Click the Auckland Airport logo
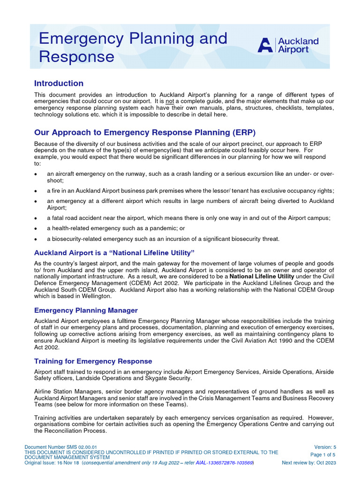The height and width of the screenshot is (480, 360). (x=288, y=45)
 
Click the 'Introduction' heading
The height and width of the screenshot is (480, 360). (x=59, y=83)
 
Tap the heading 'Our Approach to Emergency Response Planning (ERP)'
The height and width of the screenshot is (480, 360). (x=145, y=132)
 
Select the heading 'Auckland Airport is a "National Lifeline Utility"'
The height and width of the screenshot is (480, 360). (x=114, y=253)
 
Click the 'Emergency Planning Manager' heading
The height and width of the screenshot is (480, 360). (x=86, y=310)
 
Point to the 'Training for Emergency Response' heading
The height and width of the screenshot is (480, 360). (x=93, y=361)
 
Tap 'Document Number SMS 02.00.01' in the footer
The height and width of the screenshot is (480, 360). (x=61, y=448)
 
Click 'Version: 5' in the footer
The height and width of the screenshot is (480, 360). (x=325, y=447)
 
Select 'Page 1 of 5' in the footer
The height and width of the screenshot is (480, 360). (x=323, y=455)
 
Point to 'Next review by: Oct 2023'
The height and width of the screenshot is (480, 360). (x=309, y=463)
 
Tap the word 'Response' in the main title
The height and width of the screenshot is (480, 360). (x=76, y=57)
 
